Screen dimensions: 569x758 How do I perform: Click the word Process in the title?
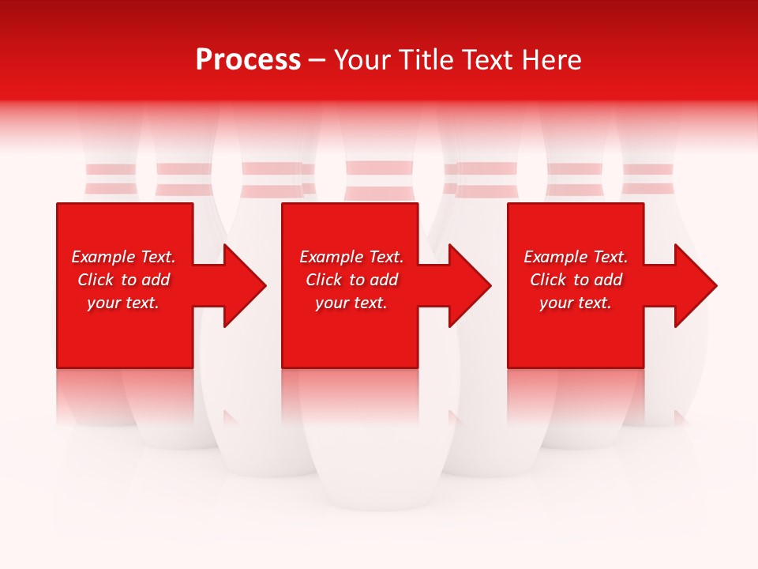248,60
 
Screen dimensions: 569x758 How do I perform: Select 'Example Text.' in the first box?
123,257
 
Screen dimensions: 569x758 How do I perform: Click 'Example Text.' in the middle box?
351,257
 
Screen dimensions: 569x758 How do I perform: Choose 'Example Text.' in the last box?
576,257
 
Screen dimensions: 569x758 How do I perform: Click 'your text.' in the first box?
123,303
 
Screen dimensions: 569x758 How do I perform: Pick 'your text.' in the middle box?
351,303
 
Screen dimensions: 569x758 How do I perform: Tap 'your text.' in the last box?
576,303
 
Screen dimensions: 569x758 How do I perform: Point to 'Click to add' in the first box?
123,280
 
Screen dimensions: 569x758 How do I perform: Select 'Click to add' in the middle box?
351,280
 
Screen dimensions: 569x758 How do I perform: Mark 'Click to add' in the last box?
576,280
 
